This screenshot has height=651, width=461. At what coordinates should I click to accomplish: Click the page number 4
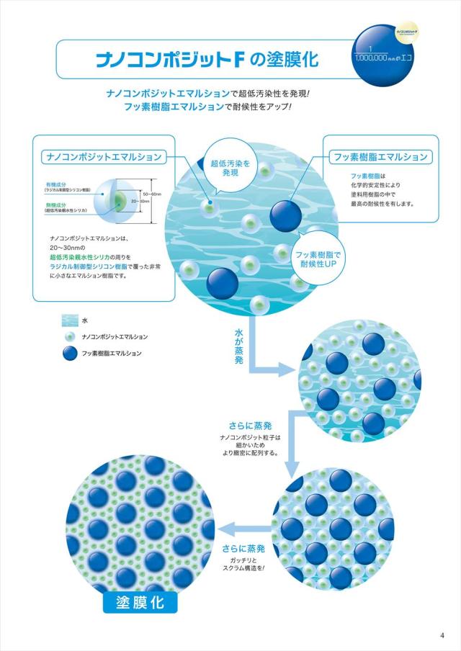pyautogui.click(x=442, y=634)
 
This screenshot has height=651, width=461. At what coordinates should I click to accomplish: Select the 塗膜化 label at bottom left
pyautogui.click(x=140, y=601)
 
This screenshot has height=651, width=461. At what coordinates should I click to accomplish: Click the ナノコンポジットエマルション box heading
pyautogui.click(x=103, y=156)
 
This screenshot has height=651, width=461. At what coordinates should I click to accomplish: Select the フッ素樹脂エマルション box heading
pyautogui.click(x=379, y=156)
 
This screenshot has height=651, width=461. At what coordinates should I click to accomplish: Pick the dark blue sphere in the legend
pyautogui.click(x=70, y=353)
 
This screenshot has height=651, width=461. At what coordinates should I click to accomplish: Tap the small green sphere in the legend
pyautogui.click(x=70, y=336)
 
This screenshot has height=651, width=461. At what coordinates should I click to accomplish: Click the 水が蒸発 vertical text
pyautogui.click(x=239, y=346)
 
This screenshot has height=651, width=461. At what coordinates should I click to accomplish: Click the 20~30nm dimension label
pyautogui.click(x=141, y=202)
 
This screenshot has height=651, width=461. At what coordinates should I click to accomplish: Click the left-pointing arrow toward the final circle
pyautogui.click(x=238, y=526)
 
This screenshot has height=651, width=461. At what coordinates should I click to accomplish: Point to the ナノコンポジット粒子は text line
pyautogui.click(x=249, y=437)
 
